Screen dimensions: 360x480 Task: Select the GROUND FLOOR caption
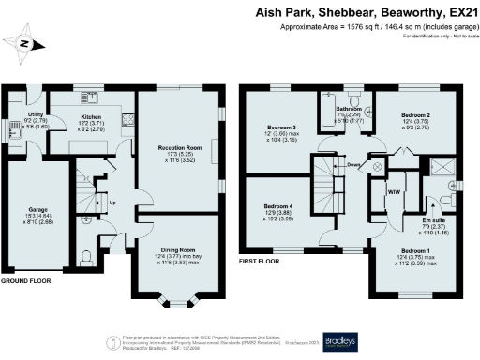[x=27, y=281]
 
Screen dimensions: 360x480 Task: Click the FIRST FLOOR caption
[x=262, y=260]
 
